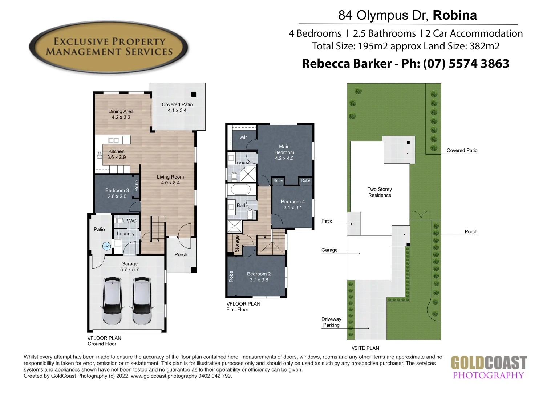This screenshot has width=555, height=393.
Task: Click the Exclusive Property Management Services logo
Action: click(109, 47)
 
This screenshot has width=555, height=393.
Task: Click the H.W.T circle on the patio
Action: click(106, 246)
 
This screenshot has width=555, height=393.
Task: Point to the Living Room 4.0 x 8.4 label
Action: click(170, 180)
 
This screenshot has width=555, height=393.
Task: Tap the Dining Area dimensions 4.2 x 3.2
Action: click(121, 118)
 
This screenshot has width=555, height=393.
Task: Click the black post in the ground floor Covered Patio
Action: click(194, 94)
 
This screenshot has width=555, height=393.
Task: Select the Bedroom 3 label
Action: click(117, 190)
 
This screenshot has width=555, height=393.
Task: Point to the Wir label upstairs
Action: click(243, 137)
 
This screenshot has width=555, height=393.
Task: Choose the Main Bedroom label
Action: click(284, 150)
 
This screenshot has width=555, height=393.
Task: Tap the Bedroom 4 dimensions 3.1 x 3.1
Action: click(293, 207)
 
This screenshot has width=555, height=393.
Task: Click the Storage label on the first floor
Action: click(237, 243)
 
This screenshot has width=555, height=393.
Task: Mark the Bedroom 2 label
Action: click(259, 274)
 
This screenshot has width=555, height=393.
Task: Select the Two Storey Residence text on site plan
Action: click(380, 192)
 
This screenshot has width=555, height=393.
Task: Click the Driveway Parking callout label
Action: click(331, 322)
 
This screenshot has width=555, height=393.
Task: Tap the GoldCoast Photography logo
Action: click(489, 368)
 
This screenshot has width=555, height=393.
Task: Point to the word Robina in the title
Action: click(455, 15)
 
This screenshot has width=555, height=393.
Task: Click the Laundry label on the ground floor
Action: click(126, 234)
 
